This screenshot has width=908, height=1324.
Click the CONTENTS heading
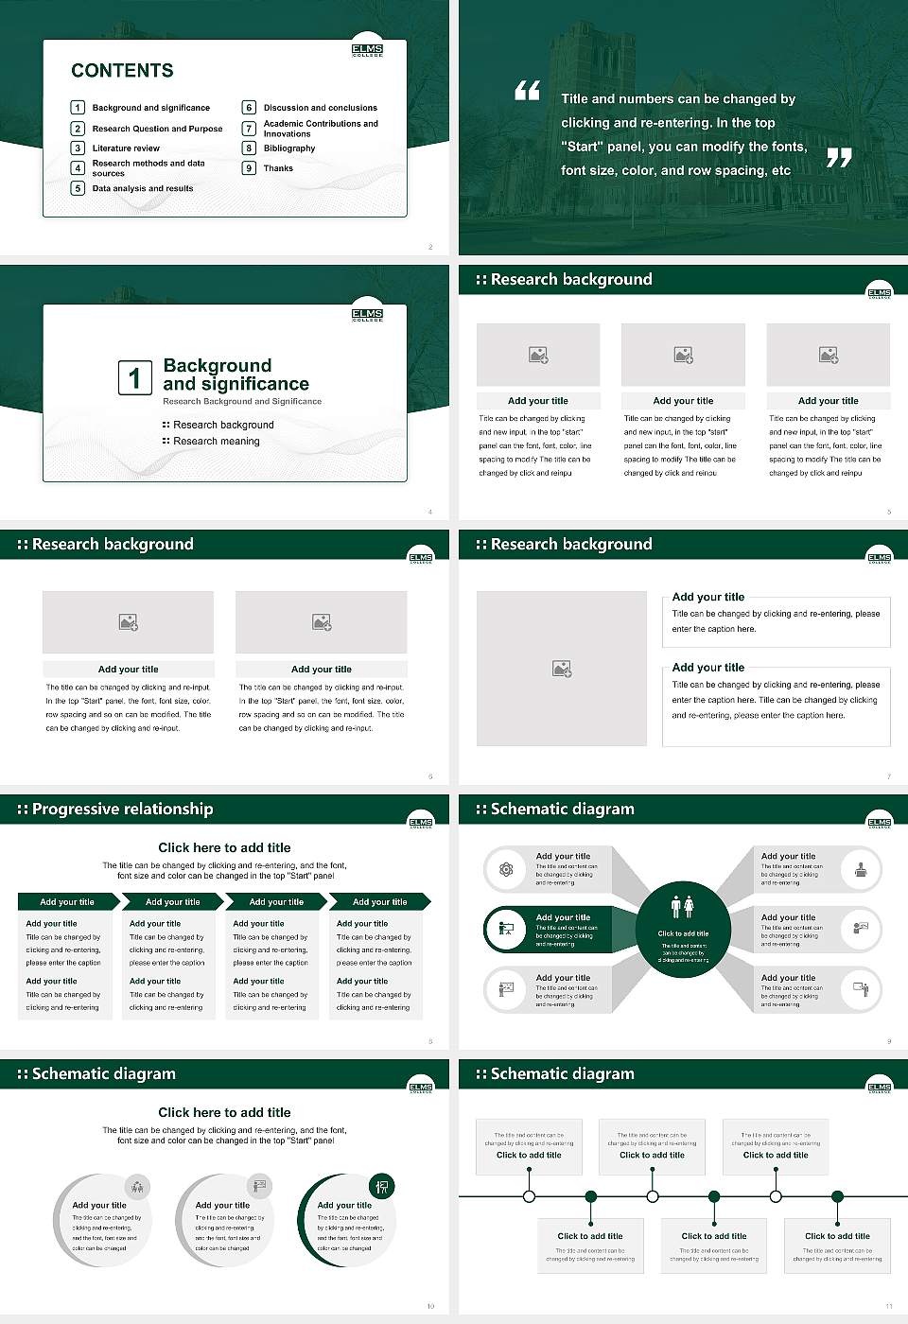click(x=122, y=71)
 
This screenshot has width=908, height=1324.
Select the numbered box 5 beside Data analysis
click(x=78, y=188)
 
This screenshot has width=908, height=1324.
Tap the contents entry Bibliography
click(x=288, y=148)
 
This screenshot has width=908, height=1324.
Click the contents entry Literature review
click(x=126, y=148)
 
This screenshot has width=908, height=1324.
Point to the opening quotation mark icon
click(x=527, y=91)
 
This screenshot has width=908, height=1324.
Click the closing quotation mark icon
click(x=838, y=158)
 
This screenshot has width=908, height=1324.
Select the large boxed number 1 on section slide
click(x=134, y=377)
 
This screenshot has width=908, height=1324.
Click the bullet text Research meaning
click(x=216, y=441)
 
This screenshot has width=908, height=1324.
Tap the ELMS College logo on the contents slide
click(x=367, y=50)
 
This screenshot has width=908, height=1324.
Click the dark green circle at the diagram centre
click(x=683, y=931)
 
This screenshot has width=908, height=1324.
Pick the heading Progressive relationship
click(x=122, y=809)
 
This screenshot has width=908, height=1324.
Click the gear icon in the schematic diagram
click(x=506, y=869)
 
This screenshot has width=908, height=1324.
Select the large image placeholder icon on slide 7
click(x=562, y=669)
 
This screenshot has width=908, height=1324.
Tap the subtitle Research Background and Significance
click(x=242, y=401)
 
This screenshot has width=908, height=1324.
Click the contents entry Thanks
click(x=278, y=168)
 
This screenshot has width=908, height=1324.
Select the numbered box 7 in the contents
click(x=249, y=129)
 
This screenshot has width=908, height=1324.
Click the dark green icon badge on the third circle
click(x=382, y=1186)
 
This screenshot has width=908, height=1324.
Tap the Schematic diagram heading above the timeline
click(x=562, y=1073)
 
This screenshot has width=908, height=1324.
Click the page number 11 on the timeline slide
click(x=888, y=1306)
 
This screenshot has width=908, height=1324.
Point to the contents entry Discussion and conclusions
click(x=320, y=108)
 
